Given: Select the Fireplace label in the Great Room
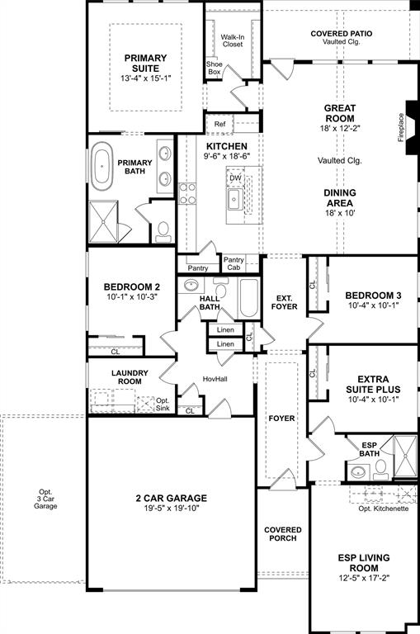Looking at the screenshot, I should (402, 125).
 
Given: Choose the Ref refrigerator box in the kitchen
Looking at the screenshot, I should (219, 125).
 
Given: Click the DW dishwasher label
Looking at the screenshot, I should (235, 177).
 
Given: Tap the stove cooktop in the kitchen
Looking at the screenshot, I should (188, 193).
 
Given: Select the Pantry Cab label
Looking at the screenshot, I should (234, 263).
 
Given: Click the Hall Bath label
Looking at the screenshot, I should (209, 304).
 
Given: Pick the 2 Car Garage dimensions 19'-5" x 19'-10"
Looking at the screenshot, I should (172, 509).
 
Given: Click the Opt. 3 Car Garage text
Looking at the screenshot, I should (45, 499).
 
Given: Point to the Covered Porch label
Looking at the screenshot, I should (282, 534).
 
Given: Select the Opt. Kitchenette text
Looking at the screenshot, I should (383, 509).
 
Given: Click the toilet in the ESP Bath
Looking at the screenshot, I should (380, 470).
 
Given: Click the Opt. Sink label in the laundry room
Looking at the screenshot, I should (163, 404).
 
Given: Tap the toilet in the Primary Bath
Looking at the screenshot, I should (163, 229).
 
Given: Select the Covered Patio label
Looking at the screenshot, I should (341, 37).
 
